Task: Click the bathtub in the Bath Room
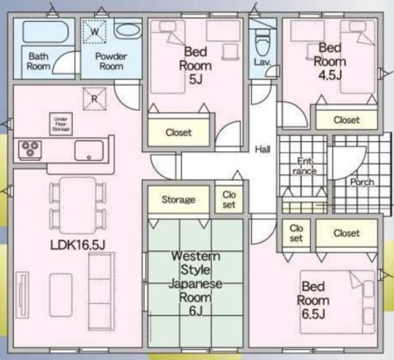46,31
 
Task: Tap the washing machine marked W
95,32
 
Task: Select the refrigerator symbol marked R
94,99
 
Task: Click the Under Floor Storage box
61,124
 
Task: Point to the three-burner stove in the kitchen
30,150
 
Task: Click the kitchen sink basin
89,150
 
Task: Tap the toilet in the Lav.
263,43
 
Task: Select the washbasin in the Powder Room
128,30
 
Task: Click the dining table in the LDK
78,206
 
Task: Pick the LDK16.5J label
78,245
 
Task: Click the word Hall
263,150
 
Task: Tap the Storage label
179,199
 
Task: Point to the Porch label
362,182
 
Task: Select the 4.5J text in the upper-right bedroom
330,75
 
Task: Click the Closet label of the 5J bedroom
179,132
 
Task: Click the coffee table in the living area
61,295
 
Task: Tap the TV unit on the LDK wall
22,295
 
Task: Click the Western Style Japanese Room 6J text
196,283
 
